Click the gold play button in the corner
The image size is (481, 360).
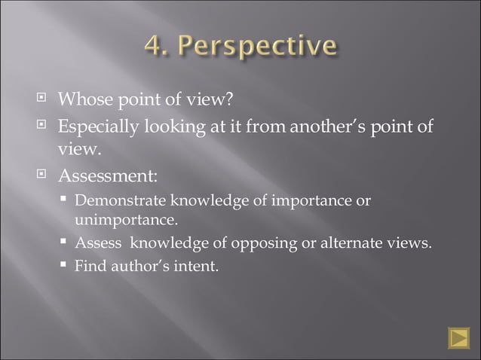[458, 338]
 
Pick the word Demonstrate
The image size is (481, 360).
[121, 201]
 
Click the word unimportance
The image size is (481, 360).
[127, 220]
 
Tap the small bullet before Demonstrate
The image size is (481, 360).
[66, 200]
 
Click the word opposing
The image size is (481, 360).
[265, 243]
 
